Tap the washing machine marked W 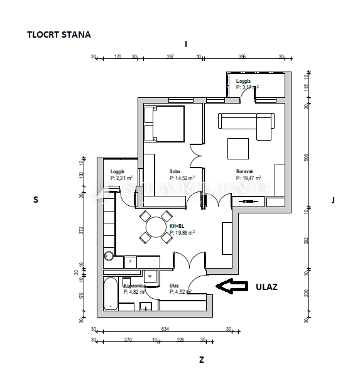(x=151, y=277)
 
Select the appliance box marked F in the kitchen (x=130, y=260)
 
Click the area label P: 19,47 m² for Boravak (x=249, y=178)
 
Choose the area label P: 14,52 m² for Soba (x=182, y=178)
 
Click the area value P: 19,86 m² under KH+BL (x=182, y=232)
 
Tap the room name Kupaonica (x=135, y=286)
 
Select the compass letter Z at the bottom (x=201, y=360)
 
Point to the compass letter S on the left (x=36, y=200)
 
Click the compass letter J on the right (x=332, y=200)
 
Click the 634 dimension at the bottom (x=165, y=328)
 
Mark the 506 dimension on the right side (x=307, y=157)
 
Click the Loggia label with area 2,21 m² (x=117, y=172)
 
